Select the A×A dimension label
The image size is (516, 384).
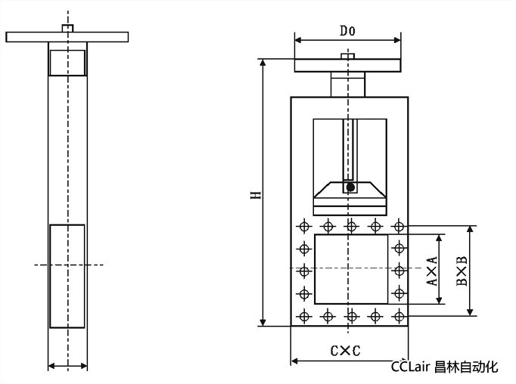click(431, 270)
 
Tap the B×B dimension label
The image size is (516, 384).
click(461, 270)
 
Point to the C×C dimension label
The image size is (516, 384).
click(344, 351)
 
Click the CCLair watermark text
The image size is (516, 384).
click(444, 367)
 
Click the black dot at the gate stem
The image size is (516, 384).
click(350, 187)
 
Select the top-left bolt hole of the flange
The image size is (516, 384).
click(304, 225)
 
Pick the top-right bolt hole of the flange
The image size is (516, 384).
click(399, 225)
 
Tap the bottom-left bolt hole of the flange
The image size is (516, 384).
click(304, 315)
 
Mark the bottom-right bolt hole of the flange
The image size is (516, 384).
click(399, 315)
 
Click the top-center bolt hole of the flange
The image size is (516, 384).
click(351, 225)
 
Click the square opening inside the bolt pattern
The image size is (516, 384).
click(351, 269)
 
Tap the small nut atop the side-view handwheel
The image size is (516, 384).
click(67, 28)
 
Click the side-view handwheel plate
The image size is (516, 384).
click(67, 36)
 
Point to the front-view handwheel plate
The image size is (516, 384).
click(348, 66)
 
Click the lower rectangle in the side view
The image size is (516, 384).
click(67, 276)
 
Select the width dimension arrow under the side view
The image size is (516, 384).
click(67, 367)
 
